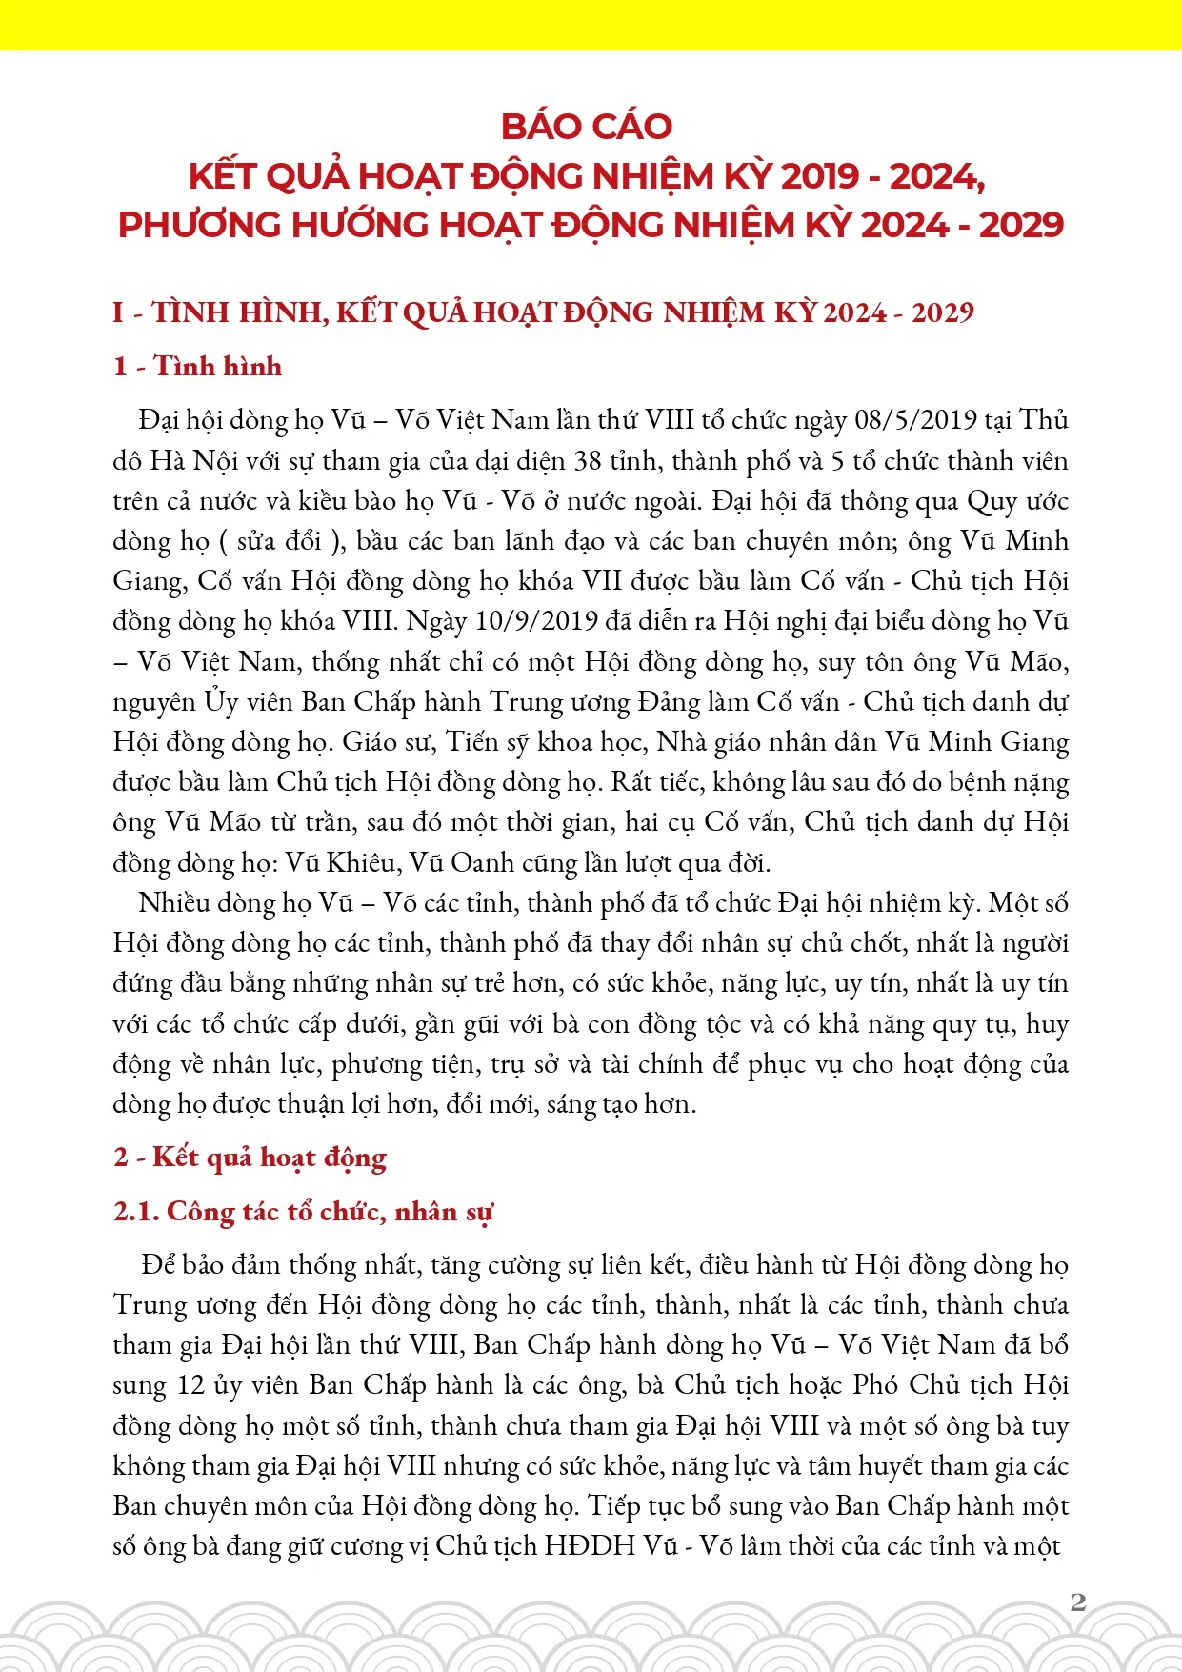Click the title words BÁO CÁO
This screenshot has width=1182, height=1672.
tap(587, 127)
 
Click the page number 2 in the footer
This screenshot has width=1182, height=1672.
tap(1078, 1601)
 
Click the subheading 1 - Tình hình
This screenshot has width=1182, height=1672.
tap(198, 367)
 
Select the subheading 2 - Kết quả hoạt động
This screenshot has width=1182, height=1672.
tap(250, 1158)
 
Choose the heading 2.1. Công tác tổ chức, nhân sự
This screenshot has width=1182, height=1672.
tap(303, 1212)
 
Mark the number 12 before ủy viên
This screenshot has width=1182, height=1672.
tap(191, 1385)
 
